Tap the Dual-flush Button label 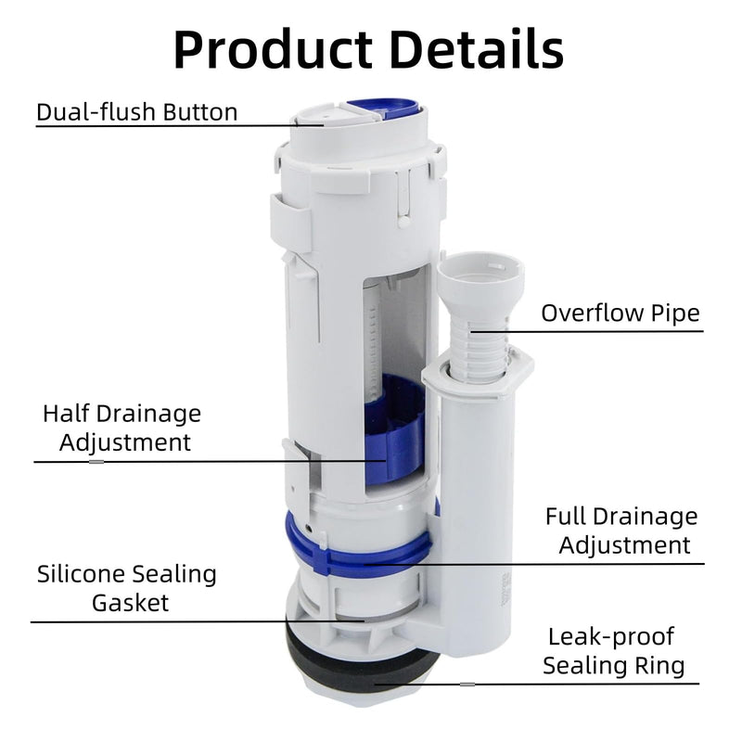pos(136,112)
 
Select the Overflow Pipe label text pos(620,313)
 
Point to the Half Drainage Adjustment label pos(122,428)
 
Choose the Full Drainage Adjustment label pos(621,531)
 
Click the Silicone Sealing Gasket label pos(127,588)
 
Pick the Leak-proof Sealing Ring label pos(614,651)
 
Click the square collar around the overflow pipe pos(478,375)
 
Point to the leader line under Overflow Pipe pos(587,331)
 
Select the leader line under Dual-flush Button pos(180,126)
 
